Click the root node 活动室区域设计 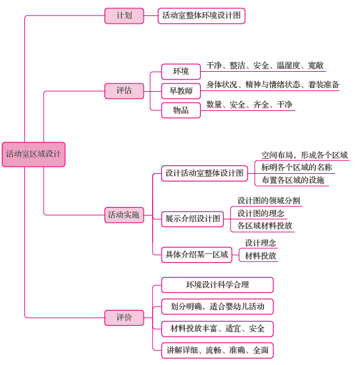(x=33, y=155)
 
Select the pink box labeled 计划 (x=124, y=16)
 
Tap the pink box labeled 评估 (x=124, y=91)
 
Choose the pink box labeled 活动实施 (x=124, y=215)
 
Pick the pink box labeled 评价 (x=124, y=318)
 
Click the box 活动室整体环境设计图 (x=201, y=16)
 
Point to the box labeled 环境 (x=181, y=71)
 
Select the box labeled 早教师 (x=181, y=91)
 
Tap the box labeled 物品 (x=181, y=110)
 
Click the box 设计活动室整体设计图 (x=205, y=173)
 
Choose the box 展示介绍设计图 (x=193, y=219)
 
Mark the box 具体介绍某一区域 (x=196, y=255)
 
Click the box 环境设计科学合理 (x=218, y=285)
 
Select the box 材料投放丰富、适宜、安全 (x=218, y=328)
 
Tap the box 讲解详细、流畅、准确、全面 (x=218, y=350)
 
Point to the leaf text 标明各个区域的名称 (x=296, y=167)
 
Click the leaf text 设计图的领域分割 (x=268, y=201)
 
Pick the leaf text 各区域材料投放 (x=264, y=226)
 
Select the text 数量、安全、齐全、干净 (x=249, y=105)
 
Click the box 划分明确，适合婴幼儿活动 (x=218, y=307)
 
